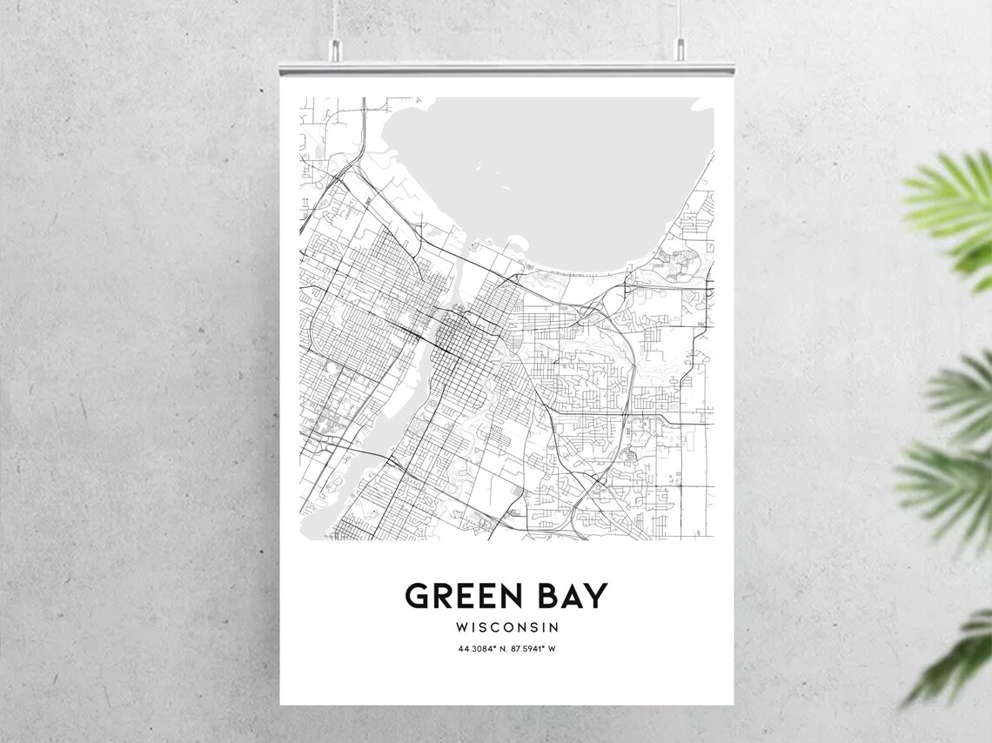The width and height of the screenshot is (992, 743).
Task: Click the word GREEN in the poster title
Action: (x=464, y=597)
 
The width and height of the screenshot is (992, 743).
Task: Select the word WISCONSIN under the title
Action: (x=506, y=626)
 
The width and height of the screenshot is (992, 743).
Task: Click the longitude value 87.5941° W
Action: (x=534, y=648)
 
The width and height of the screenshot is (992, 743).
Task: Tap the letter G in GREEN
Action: (x=419, y=597)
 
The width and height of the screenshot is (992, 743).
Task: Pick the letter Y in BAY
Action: (x=596, y=597)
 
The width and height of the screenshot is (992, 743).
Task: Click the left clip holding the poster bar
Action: (x=334, y=57)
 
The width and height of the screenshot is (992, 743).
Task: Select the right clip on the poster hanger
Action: (x=679, y=57)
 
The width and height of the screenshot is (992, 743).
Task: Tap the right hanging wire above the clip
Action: (x=679, y=22)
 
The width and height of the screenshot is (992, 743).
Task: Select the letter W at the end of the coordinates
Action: (x=553, y=648)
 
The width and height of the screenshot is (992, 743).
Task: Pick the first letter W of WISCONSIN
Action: (x=460, y=626)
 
